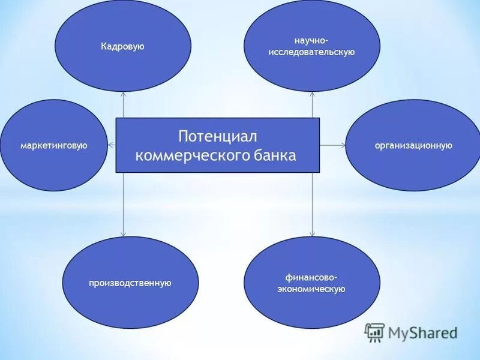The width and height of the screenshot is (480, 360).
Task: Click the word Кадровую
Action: point(122,46)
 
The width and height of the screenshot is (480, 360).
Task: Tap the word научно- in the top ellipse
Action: point(311,40)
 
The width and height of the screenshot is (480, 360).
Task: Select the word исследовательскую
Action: point(311,52)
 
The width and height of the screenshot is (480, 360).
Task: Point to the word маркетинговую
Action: point(54,145)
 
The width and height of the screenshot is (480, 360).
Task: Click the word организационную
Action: point(413,145)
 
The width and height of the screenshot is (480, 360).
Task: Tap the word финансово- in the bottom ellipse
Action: point(311,277)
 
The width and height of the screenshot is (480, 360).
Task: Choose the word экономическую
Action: point(311,289)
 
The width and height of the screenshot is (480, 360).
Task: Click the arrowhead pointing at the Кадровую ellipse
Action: point(123,94)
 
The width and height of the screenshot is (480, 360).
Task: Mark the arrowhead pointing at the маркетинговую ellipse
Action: point(110,145)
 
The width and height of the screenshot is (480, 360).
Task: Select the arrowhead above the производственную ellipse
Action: point(123,233)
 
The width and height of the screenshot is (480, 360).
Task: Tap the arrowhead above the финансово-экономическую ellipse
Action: point(313,233)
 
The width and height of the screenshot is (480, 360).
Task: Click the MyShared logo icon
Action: point(375,332)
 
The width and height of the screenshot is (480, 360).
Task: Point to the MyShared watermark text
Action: point(422,332)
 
